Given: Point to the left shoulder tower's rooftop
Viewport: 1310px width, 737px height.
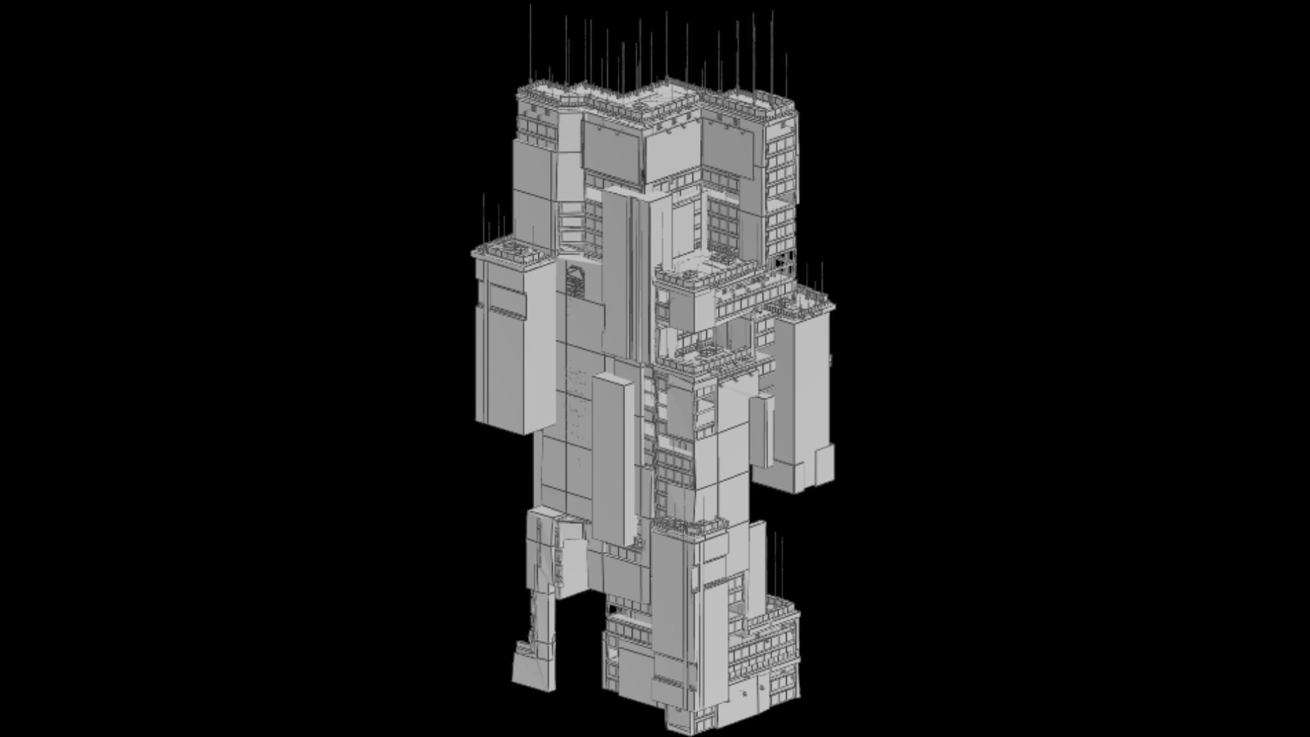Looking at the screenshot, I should pyautogui.click(x=513, y=250).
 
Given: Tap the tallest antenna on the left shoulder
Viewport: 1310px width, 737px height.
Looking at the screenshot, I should pyautogui.click(x=484, y=218).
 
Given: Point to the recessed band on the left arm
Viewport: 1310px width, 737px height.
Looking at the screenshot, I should pyautogui.click(x=506, y=300).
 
